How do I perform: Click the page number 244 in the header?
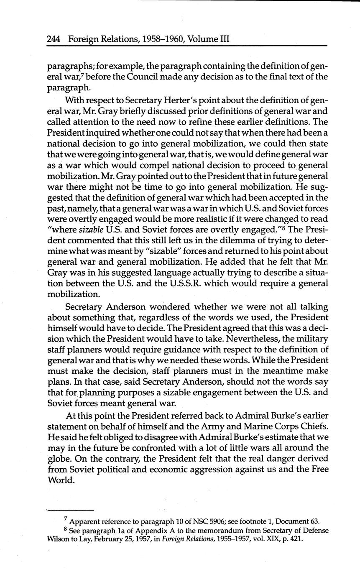pyautogui.click(x=54, y=39)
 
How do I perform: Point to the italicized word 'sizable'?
pyautogui.click(x=90, y=229)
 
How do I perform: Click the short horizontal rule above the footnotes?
pyautogui.click(x=70, y=509)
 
